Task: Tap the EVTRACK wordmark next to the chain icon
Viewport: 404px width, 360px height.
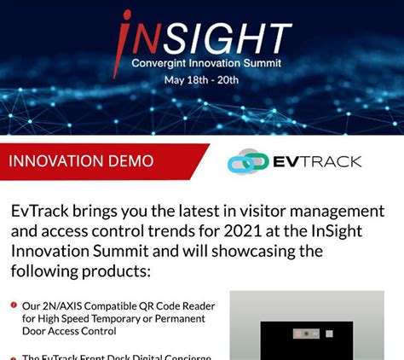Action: (317, 161)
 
